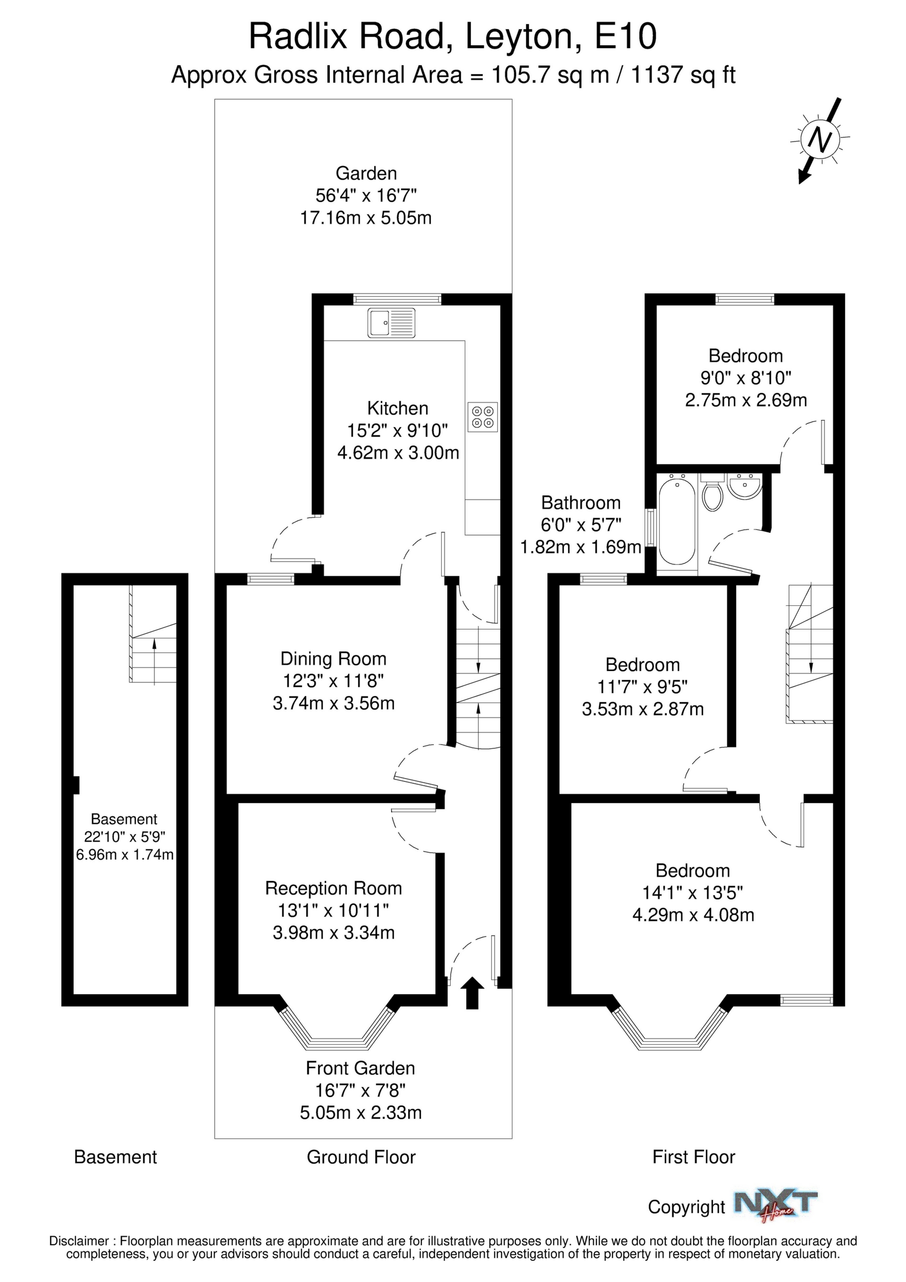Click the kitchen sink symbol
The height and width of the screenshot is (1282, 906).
(391, 323)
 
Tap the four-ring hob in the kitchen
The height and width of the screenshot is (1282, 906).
(483, 417)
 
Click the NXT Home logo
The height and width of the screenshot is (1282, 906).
(776, 1206)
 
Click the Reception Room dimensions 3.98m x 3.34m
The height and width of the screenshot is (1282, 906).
(334, 932)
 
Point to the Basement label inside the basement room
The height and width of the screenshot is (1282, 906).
(124, 819)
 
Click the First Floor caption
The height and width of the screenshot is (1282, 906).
(694, 1157)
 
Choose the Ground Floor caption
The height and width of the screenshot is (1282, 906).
(361, 1157)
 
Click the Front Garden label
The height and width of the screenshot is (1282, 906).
(361, 1068)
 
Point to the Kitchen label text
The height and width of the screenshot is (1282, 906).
(398, 408)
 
